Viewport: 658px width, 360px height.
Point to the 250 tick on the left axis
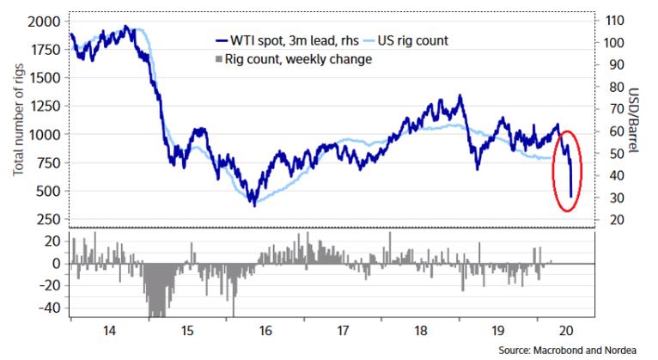pos(50,220)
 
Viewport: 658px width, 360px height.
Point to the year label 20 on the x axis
pos(566,329)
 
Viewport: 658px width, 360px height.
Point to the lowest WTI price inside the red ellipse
pos(571,197)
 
